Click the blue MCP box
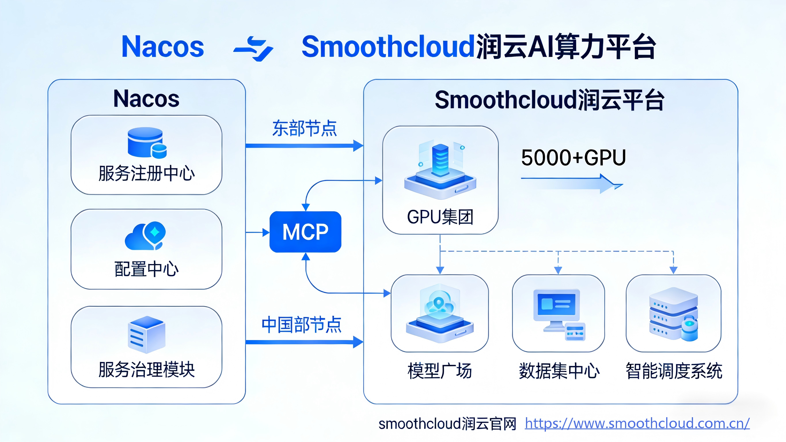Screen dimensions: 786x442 [x=305, y=232]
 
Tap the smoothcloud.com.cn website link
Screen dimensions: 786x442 [x=637, y=423]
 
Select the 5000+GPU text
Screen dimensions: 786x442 [x=573, y=158]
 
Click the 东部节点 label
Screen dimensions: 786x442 [x=305, y=128]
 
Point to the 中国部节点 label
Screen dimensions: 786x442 [x=301, y=325]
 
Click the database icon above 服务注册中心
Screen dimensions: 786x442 [x=147, y=143]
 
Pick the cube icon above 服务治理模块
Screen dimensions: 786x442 [x=147, y=335]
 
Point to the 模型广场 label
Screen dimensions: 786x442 [x=440, y=371]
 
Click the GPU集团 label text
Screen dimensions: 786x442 [x=440, y=217]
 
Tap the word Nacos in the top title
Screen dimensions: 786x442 [x=163, y=47]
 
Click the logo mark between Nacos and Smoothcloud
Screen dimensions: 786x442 [x=253, y=49]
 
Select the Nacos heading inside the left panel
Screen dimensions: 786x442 [x=147, y=99]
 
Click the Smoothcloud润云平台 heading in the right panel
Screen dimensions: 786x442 [x=549, y=100]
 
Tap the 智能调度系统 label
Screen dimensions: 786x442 [x=674, y=371]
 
